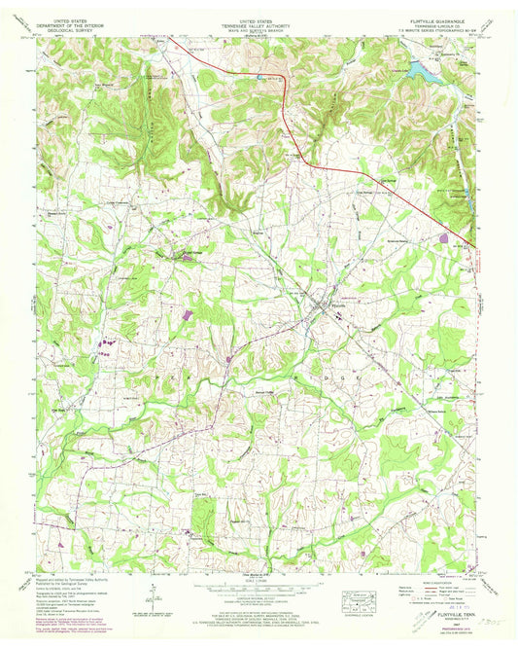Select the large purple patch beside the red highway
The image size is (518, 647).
click(444, 235)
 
